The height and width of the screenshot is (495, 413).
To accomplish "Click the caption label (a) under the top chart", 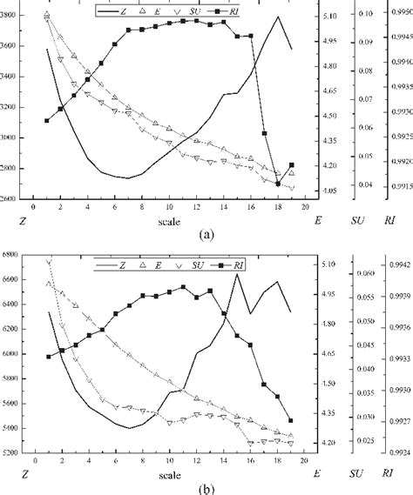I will pos(206,234).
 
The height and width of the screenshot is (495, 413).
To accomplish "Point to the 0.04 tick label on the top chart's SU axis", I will pos(364,184).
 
